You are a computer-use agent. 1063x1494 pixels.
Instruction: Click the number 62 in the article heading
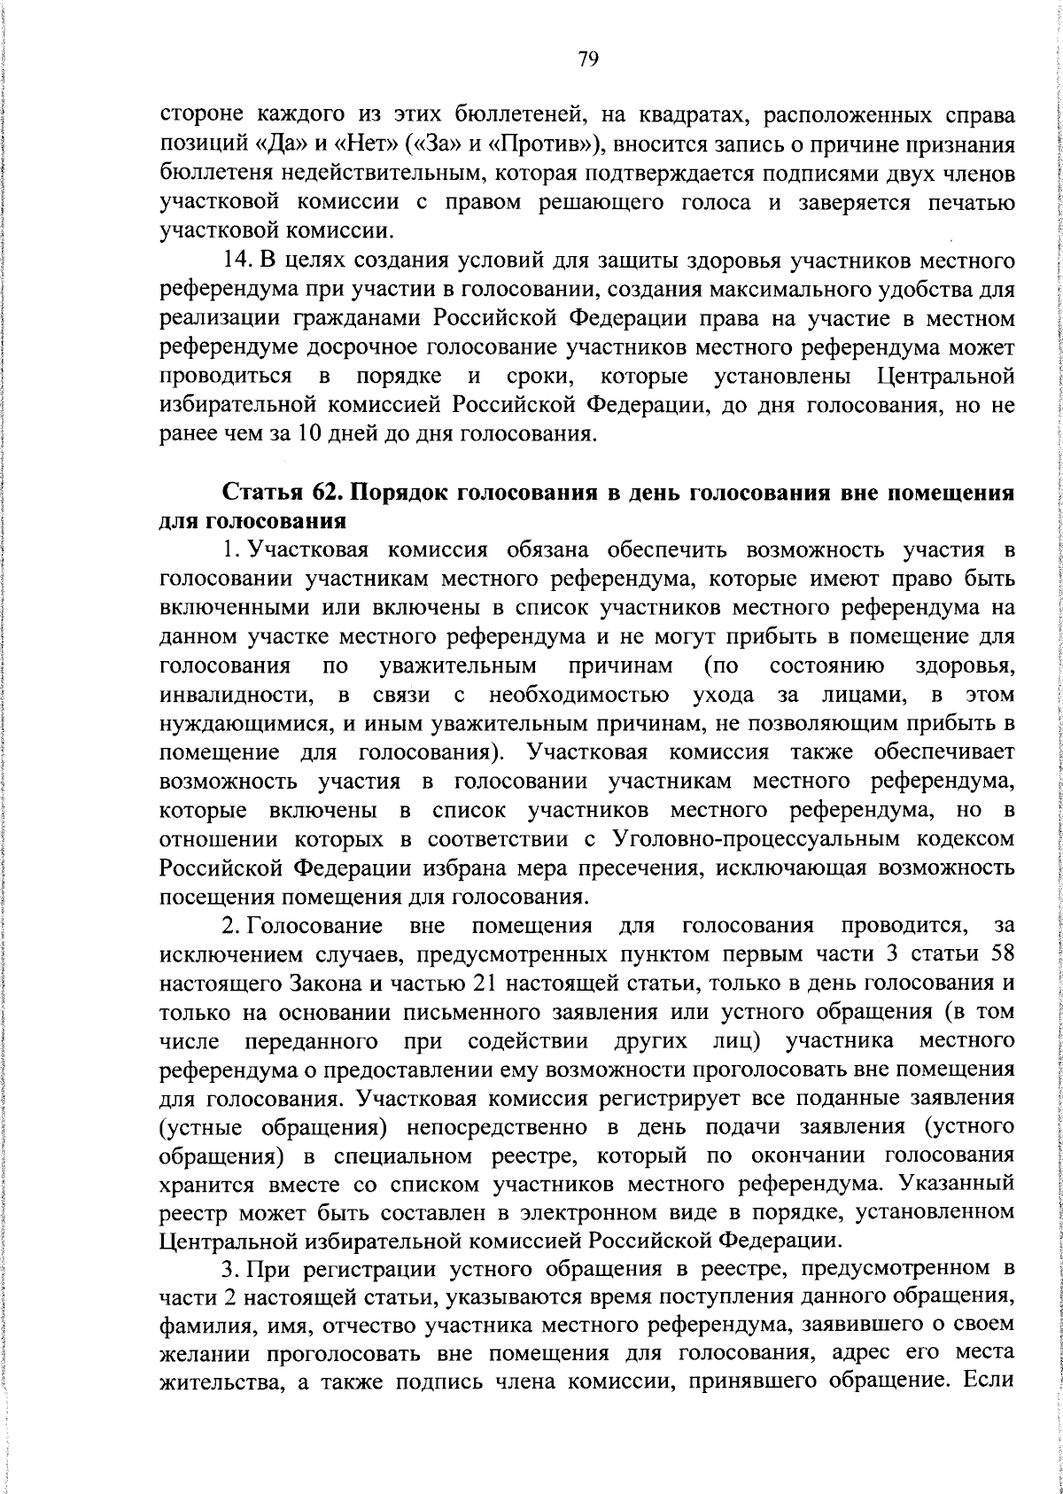pos(330,493)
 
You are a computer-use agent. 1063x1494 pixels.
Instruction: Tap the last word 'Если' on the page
pos(992,1384)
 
